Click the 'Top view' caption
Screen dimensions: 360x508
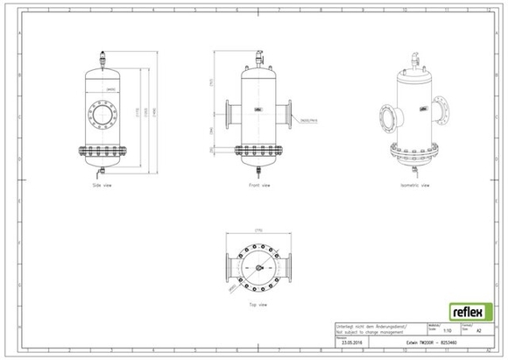pos(258,305)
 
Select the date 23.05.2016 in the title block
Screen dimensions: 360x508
pos(352,342)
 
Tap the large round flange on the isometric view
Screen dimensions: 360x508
pos(385,117)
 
